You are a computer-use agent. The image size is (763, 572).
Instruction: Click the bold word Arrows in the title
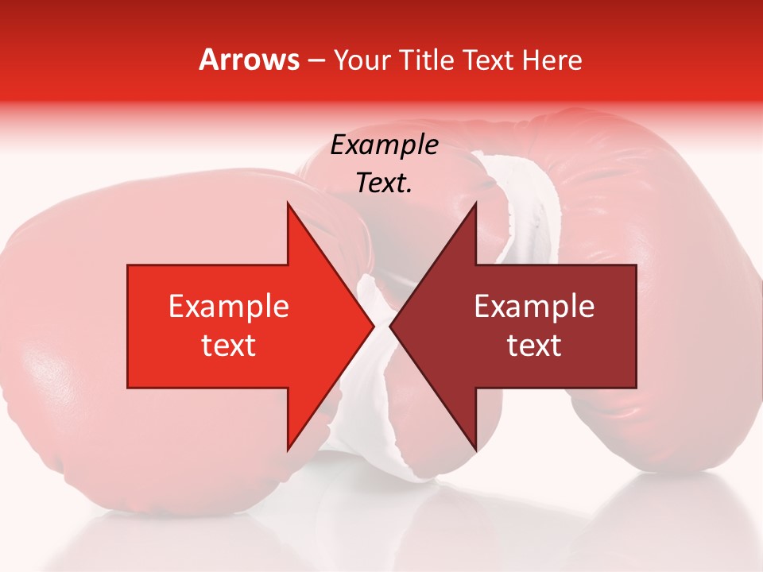(x=249, y=60)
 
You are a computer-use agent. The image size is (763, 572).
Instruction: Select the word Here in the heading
(x=552, y=60)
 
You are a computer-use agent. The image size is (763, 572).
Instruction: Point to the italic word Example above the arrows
(x=385, y=145)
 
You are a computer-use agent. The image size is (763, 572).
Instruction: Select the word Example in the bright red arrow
(x=228, y=307)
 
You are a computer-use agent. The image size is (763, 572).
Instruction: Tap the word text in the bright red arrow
(x=228, y=346)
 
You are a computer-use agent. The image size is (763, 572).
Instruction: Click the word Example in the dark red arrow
(x=534, y=307)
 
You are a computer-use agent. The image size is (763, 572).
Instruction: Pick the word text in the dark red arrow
(x=534, y=346)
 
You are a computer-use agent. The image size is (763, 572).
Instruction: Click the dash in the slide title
(x=316, y=60)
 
